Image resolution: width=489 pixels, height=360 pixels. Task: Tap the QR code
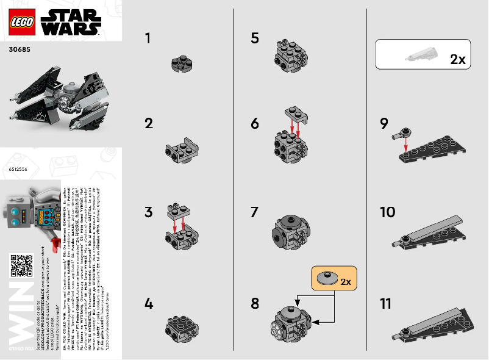21,265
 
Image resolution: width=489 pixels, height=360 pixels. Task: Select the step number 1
148,38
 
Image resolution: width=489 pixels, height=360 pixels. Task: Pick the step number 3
148,213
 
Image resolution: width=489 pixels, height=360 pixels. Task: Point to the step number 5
255,38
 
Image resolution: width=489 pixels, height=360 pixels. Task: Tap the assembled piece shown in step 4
180,328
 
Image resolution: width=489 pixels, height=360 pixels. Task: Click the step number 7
255,213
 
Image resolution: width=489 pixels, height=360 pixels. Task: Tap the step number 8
255,303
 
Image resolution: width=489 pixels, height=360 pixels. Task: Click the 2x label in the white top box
457,59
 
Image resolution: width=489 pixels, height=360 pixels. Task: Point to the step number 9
384,124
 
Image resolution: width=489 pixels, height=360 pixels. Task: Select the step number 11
385,303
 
